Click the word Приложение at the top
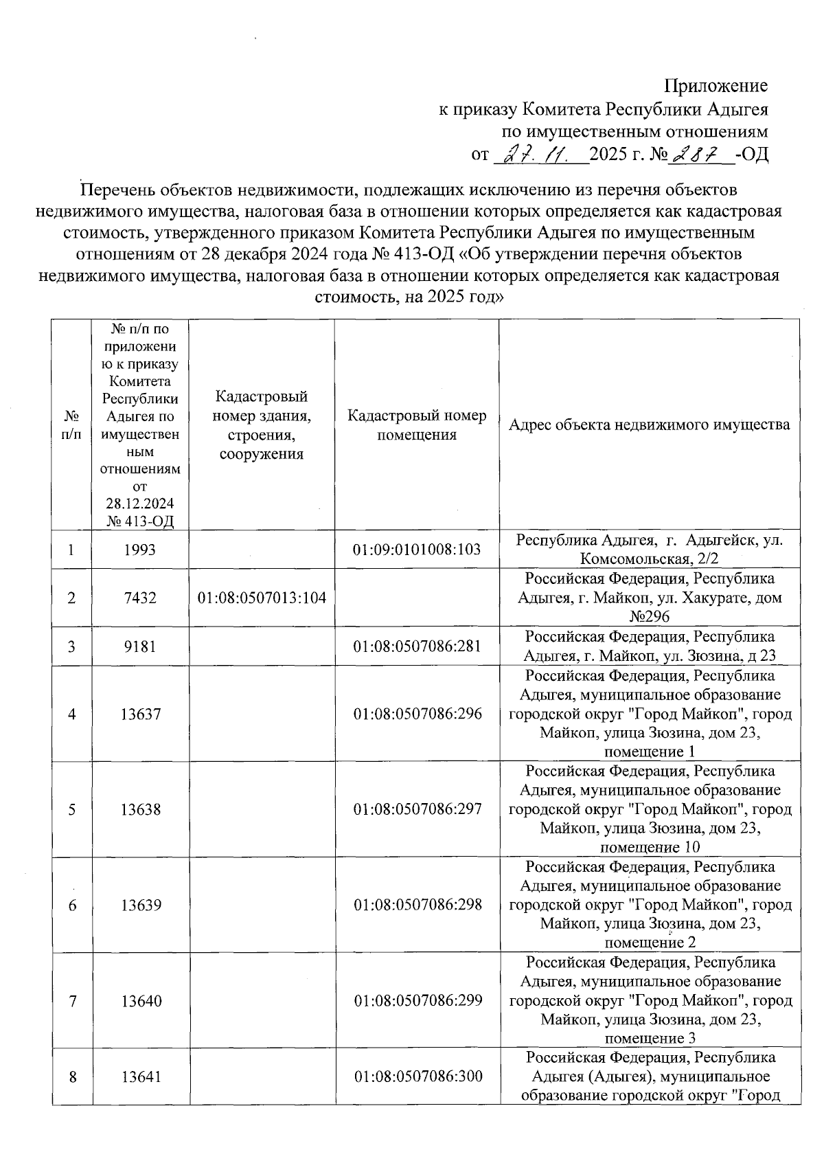(x=715, y=86)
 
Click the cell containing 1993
(x=140, y=550)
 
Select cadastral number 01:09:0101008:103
(x=417, y=550)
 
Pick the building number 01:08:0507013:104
(x=262, y=598)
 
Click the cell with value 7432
(x=140, y=598)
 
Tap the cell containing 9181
(x=140, y=646)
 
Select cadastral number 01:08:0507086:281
(x=417, y=646)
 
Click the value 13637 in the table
(x=140, y=714)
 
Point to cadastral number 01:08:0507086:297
(x=417, y=809)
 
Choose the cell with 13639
(x=140, y=905)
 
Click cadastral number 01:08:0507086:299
(x=417, y=1001)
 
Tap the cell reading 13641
(x=140, y=1077)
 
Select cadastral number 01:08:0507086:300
(x=417, y=1077)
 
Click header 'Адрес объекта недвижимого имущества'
(x=649, y=425)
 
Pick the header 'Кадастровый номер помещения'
(x=417, y=425)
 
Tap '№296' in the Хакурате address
(x=649, y=616)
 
